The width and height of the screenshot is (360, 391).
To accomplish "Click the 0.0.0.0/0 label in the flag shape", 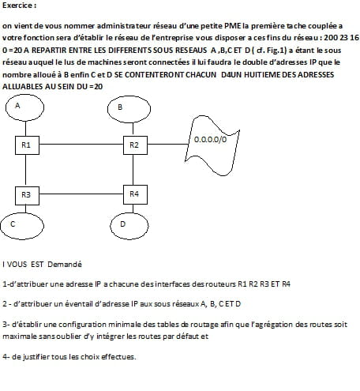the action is pyautogui.click(x=210, y=139).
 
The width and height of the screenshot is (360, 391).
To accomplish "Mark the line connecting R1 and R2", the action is pyautogui.click(x=81, y=145).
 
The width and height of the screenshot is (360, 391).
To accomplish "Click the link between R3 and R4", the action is pyautogui.click(x=81, y=194).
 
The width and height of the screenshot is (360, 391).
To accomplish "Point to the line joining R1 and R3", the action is pyautogui.click(x=25, y=171).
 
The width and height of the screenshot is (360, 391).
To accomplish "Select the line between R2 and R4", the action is pyautogui.click(x=133, y=170).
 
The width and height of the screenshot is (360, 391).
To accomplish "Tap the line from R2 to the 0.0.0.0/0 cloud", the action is pyautogui.click(x=168, y=145).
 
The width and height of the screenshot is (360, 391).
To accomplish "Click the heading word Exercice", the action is pyautogui.click(x=17, y=6).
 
